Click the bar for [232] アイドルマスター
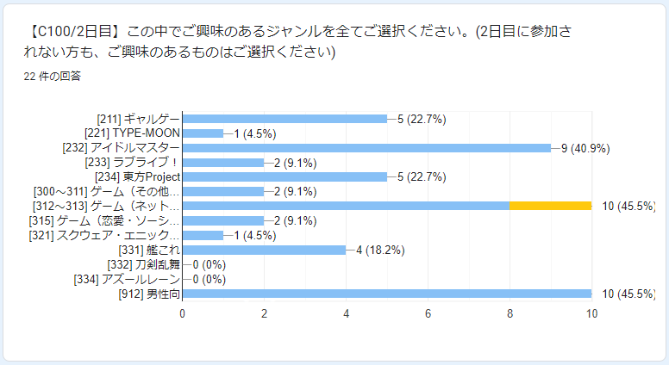pyautogui.click(x=366, y=148)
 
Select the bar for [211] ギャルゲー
pyautogui.click(x=284, y=119)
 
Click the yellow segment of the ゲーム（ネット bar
pyautogui.click(x=550, y=207)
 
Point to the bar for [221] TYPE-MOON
pyautogui.click(x=203, y=133)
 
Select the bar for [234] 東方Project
pyautogui.click(x=284, y=177)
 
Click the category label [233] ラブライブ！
pyautogui.click(x=133, y=163)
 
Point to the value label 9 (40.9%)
pyautogui.click(x=585, y=148)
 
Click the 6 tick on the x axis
pyautogui.click(x=428, y=314)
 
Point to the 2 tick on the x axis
pyautogui.click(x=265, y=314)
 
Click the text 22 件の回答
pyautogui.click(x=53, y=76)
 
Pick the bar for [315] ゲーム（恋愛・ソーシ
pyautogui.click(x=223, y=221)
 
